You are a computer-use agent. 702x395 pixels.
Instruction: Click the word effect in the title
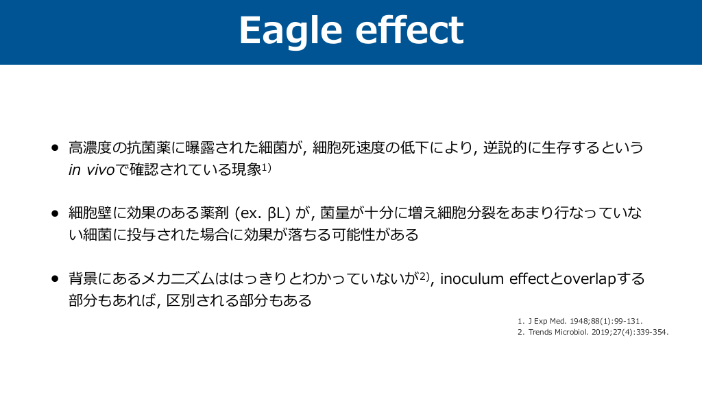[409, 30]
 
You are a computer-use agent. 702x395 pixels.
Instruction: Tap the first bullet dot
[55, 147]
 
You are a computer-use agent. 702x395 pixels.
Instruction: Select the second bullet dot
[55, 213]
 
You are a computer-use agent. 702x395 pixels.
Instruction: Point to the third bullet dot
[55, 278]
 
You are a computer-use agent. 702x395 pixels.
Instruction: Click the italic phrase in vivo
[91, 170]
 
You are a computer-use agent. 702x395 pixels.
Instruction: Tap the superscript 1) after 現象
[267, 167]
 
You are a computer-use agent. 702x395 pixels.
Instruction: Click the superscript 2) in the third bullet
[424, 276]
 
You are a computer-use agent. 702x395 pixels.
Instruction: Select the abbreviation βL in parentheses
[276, 213]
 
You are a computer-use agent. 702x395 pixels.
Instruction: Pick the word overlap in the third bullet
[590, 279]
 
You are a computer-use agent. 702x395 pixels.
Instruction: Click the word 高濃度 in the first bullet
[90, 147]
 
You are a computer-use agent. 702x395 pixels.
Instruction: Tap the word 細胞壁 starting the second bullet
[90, 213]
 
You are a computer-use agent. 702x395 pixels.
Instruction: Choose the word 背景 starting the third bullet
[83, 278]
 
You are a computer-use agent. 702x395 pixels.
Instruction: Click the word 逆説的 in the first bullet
[505, 147]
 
